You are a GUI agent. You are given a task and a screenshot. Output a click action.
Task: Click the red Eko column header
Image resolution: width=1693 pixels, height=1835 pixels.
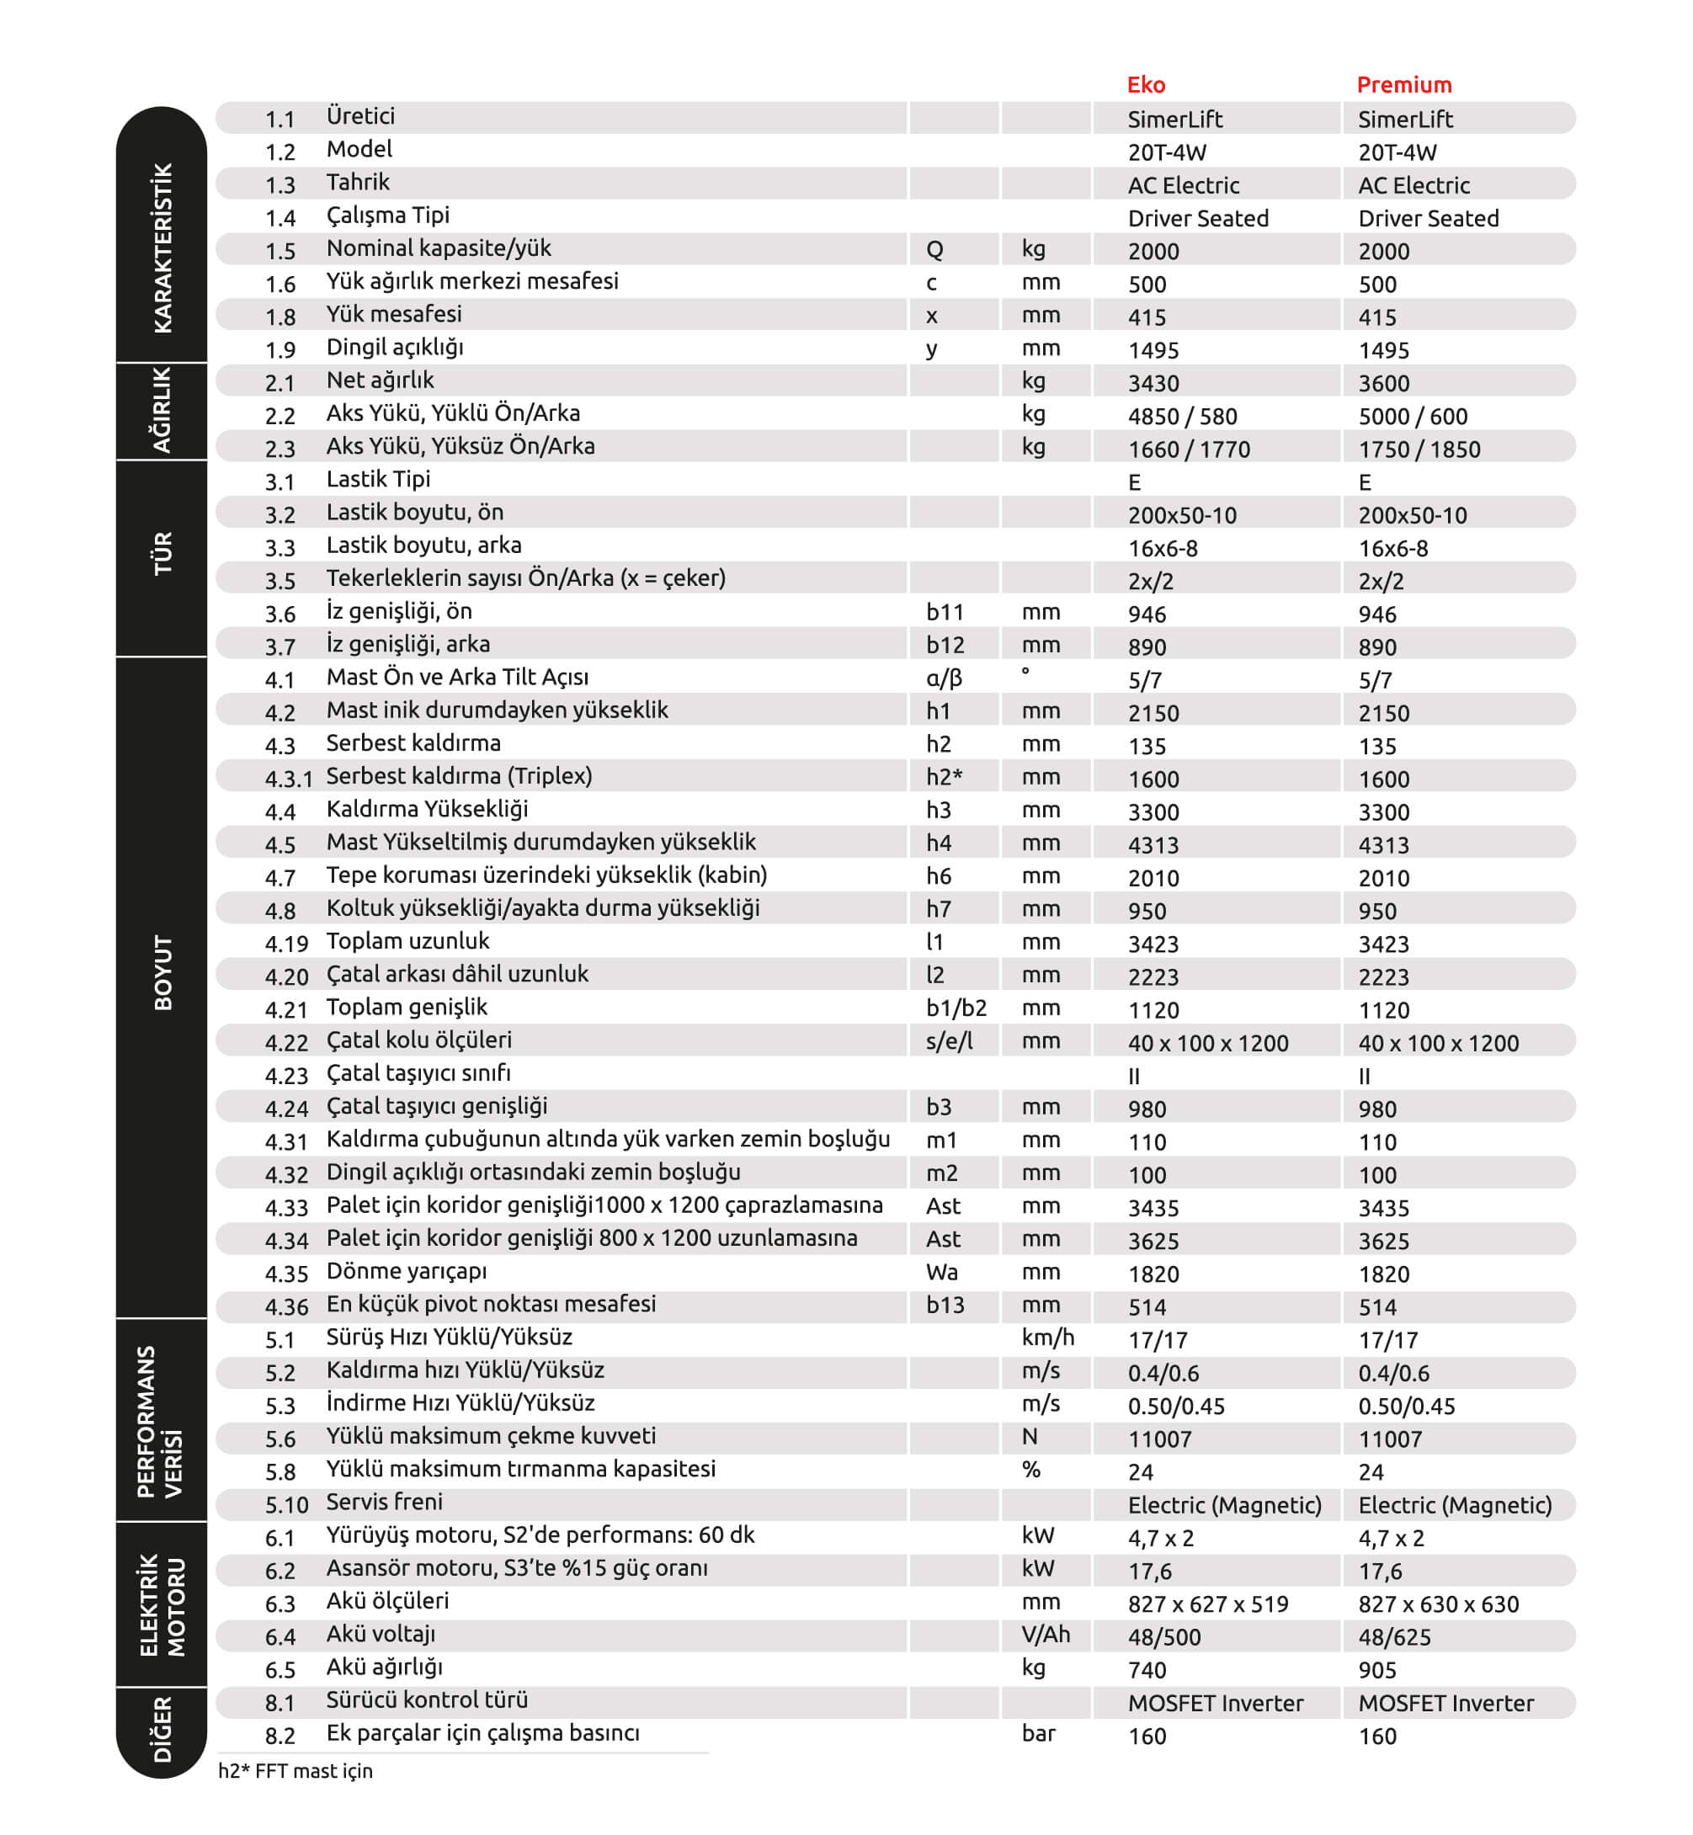point(1145,85)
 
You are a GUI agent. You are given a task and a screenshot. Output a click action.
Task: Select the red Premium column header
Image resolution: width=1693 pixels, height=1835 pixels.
point(1403,85)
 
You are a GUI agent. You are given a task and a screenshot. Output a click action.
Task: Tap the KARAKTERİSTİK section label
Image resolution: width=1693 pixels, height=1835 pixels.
point(162,248)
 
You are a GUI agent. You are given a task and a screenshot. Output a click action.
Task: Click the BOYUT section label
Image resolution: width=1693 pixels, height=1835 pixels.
point(162,972)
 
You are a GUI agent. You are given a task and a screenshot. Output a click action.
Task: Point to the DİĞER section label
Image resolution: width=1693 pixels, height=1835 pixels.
point(162,1729)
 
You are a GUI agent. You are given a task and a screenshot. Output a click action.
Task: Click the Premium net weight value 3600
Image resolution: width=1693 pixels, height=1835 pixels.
point(1383,383)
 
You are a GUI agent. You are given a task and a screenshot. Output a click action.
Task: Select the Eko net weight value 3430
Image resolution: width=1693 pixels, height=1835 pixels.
point(1153,383)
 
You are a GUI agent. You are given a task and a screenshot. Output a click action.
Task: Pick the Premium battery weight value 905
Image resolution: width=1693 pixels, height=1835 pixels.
point(1377,1670)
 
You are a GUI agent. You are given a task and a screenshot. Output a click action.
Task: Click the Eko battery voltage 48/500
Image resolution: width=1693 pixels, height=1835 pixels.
point(1163,1637)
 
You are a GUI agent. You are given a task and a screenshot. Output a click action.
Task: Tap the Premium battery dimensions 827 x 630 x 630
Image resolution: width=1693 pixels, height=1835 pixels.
point(1437,1604)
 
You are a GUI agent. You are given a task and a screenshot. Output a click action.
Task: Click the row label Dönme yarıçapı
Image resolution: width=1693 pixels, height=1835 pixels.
point(406,1272)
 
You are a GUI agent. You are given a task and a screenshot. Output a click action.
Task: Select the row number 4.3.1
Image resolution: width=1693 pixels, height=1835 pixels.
point(289,779)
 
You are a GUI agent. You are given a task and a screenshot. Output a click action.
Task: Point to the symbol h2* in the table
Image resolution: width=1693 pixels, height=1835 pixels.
point(944,777)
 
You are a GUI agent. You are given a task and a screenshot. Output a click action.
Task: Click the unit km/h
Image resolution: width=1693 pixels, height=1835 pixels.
point(1047,1338)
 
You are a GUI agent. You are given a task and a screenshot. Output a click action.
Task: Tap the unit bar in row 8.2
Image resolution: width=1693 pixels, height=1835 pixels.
point(1038,1733)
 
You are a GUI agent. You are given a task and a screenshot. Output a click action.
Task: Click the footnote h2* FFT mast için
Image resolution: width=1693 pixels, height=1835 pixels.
point(295,1771)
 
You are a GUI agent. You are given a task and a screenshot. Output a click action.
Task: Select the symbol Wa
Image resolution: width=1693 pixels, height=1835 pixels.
point(942,1272)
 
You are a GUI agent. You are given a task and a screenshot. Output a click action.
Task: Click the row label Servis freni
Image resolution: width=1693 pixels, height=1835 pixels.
point(384,1503)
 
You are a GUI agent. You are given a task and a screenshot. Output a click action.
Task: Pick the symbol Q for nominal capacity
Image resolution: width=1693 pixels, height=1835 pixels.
point(934,249)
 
